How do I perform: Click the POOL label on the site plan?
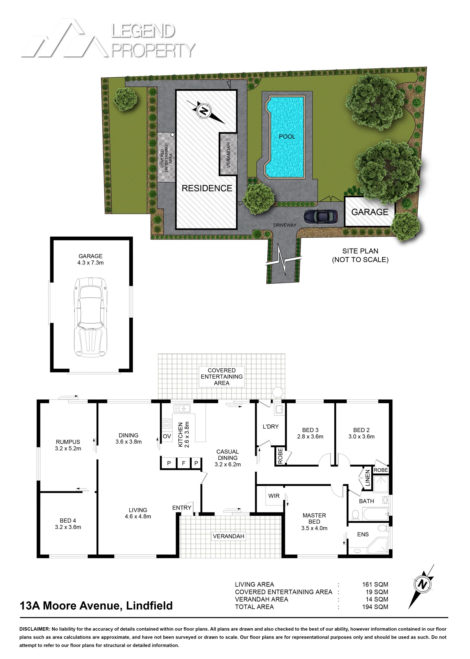point(287,136)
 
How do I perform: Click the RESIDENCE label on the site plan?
point(207,188)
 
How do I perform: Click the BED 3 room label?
point(310,430)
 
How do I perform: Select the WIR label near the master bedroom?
point(273,496)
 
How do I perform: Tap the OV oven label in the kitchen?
point(167,436)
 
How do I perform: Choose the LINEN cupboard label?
point(367,478)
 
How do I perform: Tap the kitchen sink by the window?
point(182,408)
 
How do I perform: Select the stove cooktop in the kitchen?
point(167,424)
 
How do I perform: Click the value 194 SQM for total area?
point(375,607)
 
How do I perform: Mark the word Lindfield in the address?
point(149,606)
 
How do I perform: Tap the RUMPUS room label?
point(68,442)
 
